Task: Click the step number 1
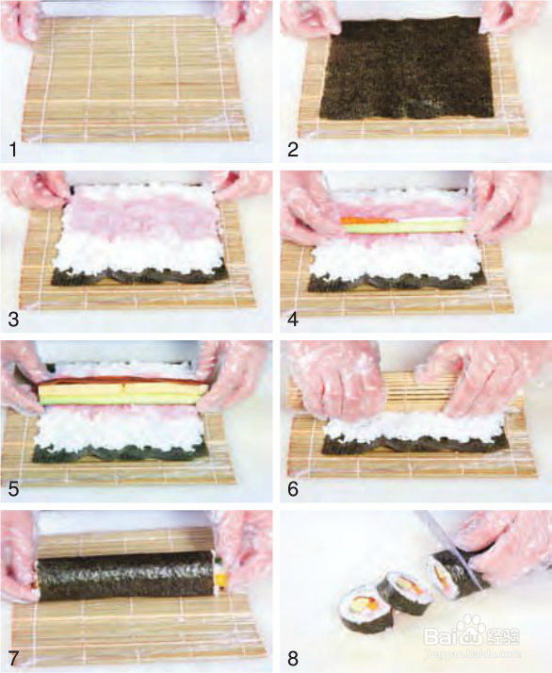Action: pyautogui.click(x=13, y=150)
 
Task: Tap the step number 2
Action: pyautogui.click(x=293, y=150)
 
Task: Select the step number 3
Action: pyautogui.click(x=13, y=320)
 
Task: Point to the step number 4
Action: pyautogui.click(x=293, y=320)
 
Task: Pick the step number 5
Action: pyautogui.click(x=13, y=489)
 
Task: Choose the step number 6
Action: pyautogui.click(x=293, y=489)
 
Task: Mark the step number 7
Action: pyautogui.click(x=13, y=659)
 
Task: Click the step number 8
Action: pyautogui.click(x=293, y=659)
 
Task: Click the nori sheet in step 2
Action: pyautogui.click(x=408, y=68)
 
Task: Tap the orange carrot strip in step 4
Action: pyautogui.click(x=369, y=222)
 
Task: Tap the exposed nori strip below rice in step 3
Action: pyautogui.click(x=139, y=277)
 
